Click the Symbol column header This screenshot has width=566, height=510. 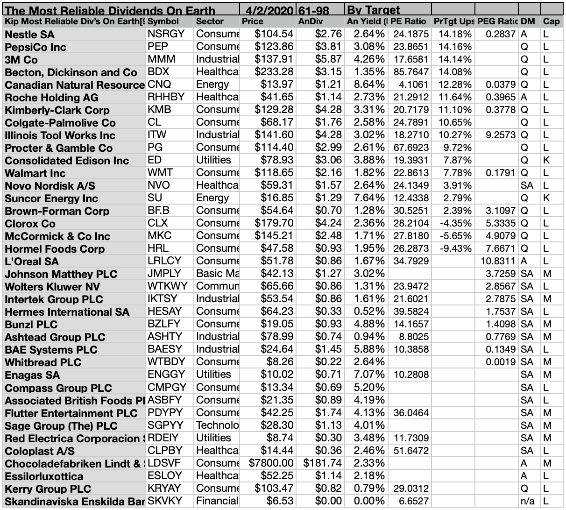click(x=163, y=21)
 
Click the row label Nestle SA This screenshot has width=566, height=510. click(x=30, y=35)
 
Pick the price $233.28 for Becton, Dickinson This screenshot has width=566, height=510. click(x=274, y=72)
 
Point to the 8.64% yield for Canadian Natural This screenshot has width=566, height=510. click(x=369, y=85)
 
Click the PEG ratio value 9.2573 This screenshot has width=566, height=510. click(x=501, y=135)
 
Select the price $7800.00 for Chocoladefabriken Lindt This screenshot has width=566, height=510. click(x=271, y=463)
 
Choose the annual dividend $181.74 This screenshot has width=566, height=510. click(x=323, y=463)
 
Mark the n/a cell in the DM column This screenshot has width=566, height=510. click(x=528, y=501)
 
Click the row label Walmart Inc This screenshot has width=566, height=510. click(x=35, y=173)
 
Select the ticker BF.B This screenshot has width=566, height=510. click(x=158, y=211)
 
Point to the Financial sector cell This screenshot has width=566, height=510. click(x=217, y=501)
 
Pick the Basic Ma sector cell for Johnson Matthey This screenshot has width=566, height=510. click(x=217, y=274)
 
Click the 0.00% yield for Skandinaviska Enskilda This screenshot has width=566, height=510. click(x=369, y=501)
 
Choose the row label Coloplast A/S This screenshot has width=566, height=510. click(x=40, y=451)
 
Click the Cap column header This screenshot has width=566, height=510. click(x=551, y=21)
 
